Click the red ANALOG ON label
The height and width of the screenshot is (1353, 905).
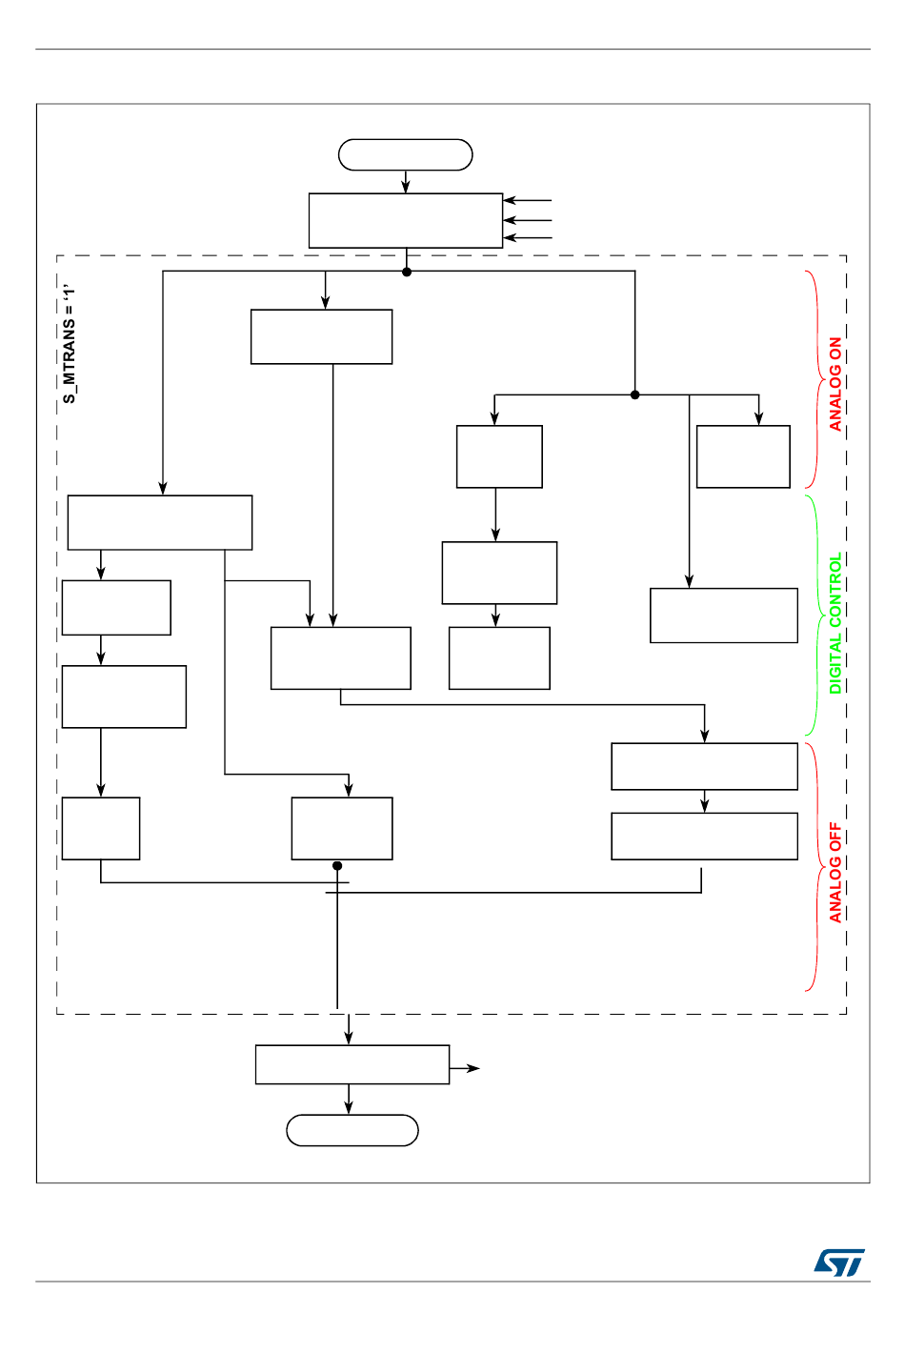click(835, 384)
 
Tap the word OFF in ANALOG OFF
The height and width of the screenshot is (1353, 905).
click(835, 838)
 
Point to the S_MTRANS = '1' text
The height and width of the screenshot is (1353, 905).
click(70, 342)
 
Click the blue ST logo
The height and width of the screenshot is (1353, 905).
click(839, 1262)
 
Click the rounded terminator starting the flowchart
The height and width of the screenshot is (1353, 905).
click(406, 154)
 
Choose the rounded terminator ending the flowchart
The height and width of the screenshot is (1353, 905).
click(352, 1130)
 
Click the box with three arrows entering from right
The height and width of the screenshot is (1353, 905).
click(406, 221)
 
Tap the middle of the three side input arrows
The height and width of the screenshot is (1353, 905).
click(528, 220)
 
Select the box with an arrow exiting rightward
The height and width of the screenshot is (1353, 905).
click(352, 1064)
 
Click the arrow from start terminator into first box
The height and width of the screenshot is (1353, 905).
click(406, 182)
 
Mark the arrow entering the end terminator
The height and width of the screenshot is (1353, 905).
click(349, 1101)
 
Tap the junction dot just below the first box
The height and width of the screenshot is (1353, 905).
click(407, 272)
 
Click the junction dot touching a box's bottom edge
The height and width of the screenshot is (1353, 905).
click(337, 865)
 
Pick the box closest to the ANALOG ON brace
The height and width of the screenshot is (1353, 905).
click(743, 456)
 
